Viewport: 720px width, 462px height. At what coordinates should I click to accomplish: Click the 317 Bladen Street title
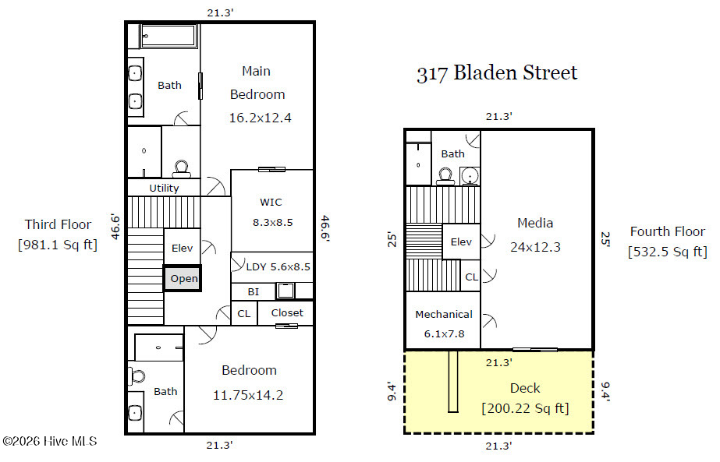pyautogui.click(x=497, y=73)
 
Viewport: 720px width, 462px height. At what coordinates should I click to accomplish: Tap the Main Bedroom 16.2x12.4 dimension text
pyautogui.click(x=260, y=118)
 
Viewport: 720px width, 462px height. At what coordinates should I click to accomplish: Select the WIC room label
pyautogui.click(x=271, y=202)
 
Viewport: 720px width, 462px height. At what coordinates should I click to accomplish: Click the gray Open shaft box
pyautogui.click(x=183, y=278)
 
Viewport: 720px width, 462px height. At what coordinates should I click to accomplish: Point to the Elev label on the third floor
pyautogui.click(x=182, y=249)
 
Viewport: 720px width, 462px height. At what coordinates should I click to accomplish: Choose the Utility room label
pyautogui.click(x=164, y=188)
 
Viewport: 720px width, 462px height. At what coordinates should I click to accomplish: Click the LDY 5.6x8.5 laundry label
pyautogui.click(x=278, y=266)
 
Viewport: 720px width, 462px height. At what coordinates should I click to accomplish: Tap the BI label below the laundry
pyautogui.click(x=253, y=292)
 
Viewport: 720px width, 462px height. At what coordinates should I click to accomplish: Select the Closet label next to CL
pyautogui.click(x=287, y=313)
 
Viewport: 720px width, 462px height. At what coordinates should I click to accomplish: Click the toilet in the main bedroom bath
pyautogui.click(x=182, y=169)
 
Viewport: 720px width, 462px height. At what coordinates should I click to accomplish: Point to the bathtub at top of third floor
pyautogui.click(x=168, y=36)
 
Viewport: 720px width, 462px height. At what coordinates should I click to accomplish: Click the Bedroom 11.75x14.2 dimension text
pyautogui.click(x=248, y=395)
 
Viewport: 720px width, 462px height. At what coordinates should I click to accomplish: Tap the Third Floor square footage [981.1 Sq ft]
pyautogui.click(x=58, y=245)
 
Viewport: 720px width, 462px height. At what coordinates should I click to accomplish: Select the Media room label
pyautogui.click(x=535, y=223)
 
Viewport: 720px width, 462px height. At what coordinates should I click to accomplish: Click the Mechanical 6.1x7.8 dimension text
pyautogui.click(x=444, y=334)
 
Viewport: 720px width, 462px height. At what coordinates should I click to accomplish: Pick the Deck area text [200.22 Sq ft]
pyautogui.click(x=525, y=408)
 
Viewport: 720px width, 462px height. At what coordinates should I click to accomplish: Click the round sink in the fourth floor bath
pyautogui.click(x=470, y=176)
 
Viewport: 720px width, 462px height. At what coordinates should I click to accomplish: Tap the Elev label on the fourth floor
pyautogui.click(x=461, y=242)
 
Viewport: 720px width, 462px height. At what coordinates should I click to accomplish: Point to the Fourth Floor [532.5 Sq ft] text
pyautogui.click(x=668, y=242)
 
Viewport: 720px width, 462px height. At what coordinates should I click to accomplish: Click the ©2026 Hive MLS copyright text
pyautogui.click(x=50, y=442)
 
